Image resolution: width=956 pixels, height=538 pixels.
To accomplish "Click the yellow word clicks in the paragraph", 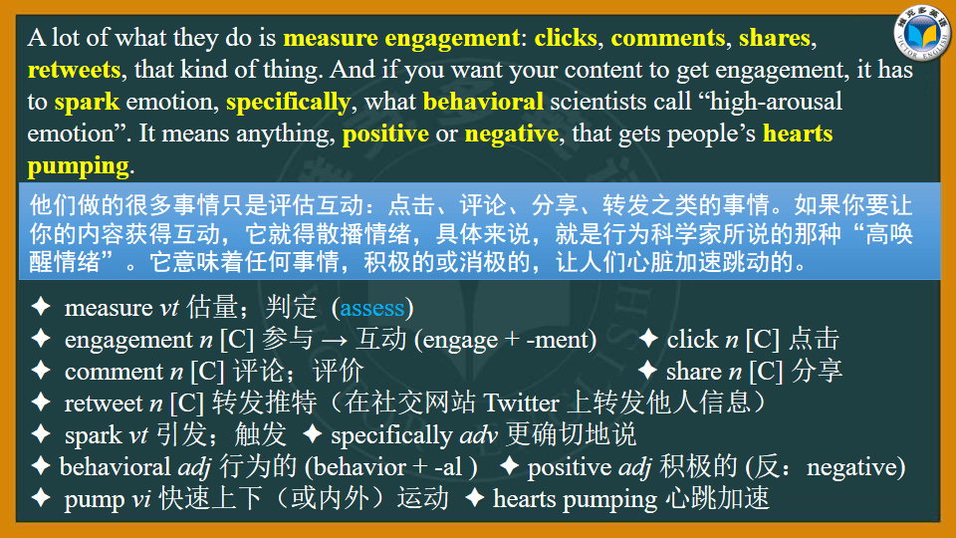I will [x=566, y=39].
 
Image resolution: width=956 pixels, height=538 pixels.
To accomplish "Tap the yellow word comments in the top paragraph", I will [x=668, y=39].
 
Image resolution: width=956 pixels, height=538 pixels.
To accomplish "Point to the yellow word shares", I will [x=775, y=39].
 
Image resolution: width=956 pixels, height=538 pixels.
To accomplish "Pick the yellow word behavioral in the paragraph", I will [x=483, y=102].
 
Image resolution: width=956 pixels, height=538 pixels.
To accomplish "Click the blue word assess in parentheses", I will [x=371, y=308].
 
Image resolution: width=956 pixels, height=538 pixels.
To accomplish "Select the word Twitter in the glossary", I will [x=521, y=403].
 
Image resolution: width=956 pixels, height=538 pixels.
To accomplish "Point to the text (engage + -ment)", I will [x=504, y=340].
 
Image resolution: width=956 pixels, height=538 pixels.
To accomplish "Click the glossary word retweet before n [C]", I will [x=104, y=403].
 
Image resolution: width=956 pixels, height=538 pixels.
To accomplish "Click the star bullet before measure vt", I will [x=41, y=308].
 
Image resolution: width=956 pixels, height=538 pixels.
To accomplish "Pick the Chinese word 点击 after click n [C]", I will [x=814, y=340].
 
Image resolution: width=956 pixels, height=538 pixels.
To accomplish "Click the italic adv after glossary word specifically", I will [x=478, y=435].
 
